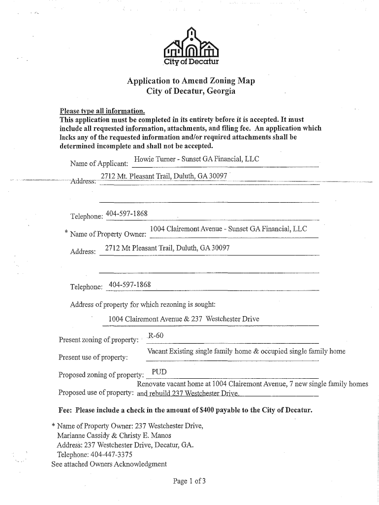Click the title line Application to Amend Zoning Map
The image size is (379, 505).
(191, 81)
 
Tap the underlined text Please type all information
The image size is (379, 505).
(102, 111)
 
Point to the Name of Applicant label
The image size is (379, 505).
(99, 163)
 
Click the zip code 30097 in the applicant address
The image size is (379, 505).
(217, 176)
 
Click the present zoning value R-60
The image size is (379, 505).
(156, 336)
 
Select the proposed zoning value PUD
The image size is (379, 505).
(159, 371)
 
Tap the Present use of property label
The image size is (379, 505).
(93, 357)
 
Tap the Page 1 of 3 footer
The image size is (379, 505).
(189, 481)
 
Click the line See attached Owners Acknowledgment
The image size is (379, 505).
(109, 464)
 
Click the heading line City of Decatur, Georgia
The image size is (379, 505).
(191, 92)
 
